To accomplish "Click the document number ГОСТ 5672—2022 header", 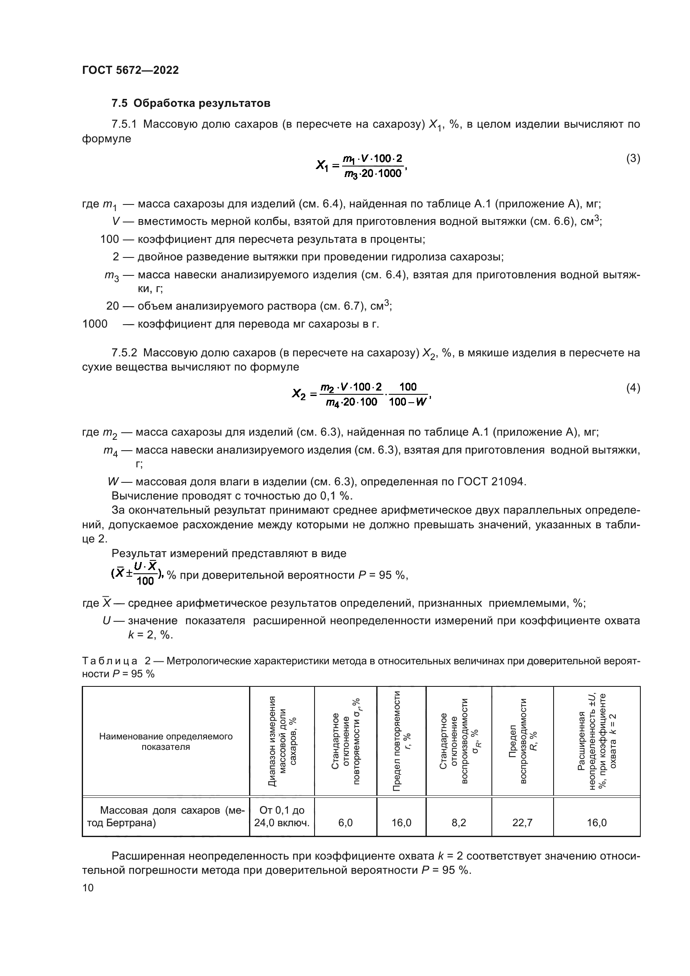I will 130,70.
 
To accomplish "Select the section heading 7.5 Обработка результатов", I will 191,103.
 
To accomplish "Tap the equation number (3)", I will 633,159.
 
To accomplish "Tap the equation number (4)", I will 633,388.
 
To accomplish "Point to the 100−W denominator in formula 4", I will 407,402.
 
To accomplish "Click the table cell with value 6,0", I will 345,822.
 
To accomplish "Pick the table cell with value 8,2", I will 458,822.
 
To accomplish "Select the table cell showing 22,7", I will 522,822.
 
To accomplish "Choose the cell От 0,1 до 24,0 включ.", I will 282,817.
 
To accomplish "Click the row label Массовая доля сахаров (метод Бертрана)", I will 166,817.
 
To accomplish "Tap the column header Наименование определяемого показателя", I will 166,741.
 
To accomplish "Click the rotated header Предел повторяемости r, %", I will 401,741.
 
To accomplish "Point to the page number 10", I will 88,888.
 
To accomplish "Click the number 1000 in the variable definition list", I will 95,324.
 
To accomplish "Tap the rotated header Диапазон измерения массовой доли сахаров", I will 282,741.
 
